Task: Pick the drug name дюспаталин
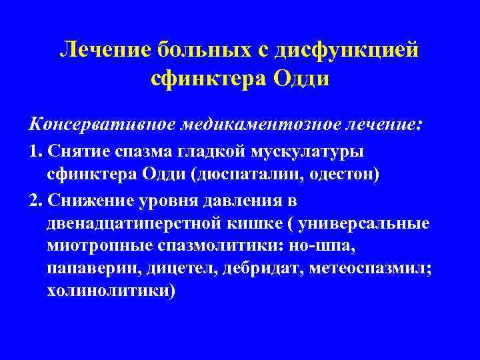240,175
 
